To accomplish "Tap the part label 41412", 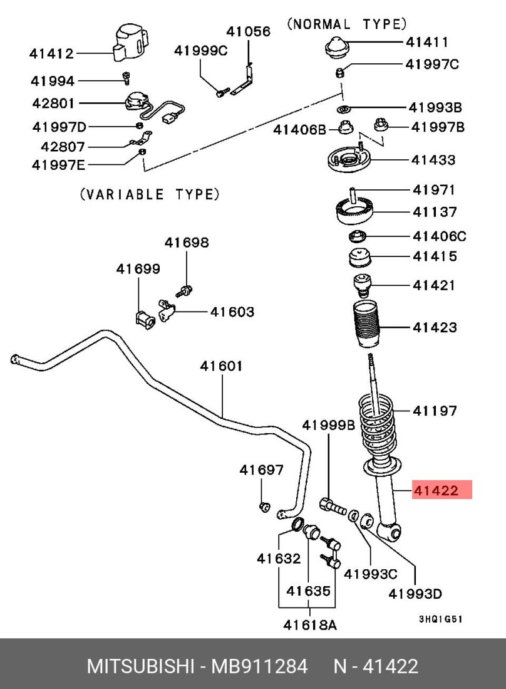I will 51,54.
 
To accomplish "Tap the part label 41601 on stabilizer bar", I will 221,366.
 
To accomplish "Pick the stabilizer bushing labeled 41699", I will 145,317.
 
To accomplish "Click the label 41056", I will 249,31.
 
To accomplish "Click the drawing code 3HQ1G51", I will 440,618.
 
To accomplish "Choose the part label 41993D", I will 415,593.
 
